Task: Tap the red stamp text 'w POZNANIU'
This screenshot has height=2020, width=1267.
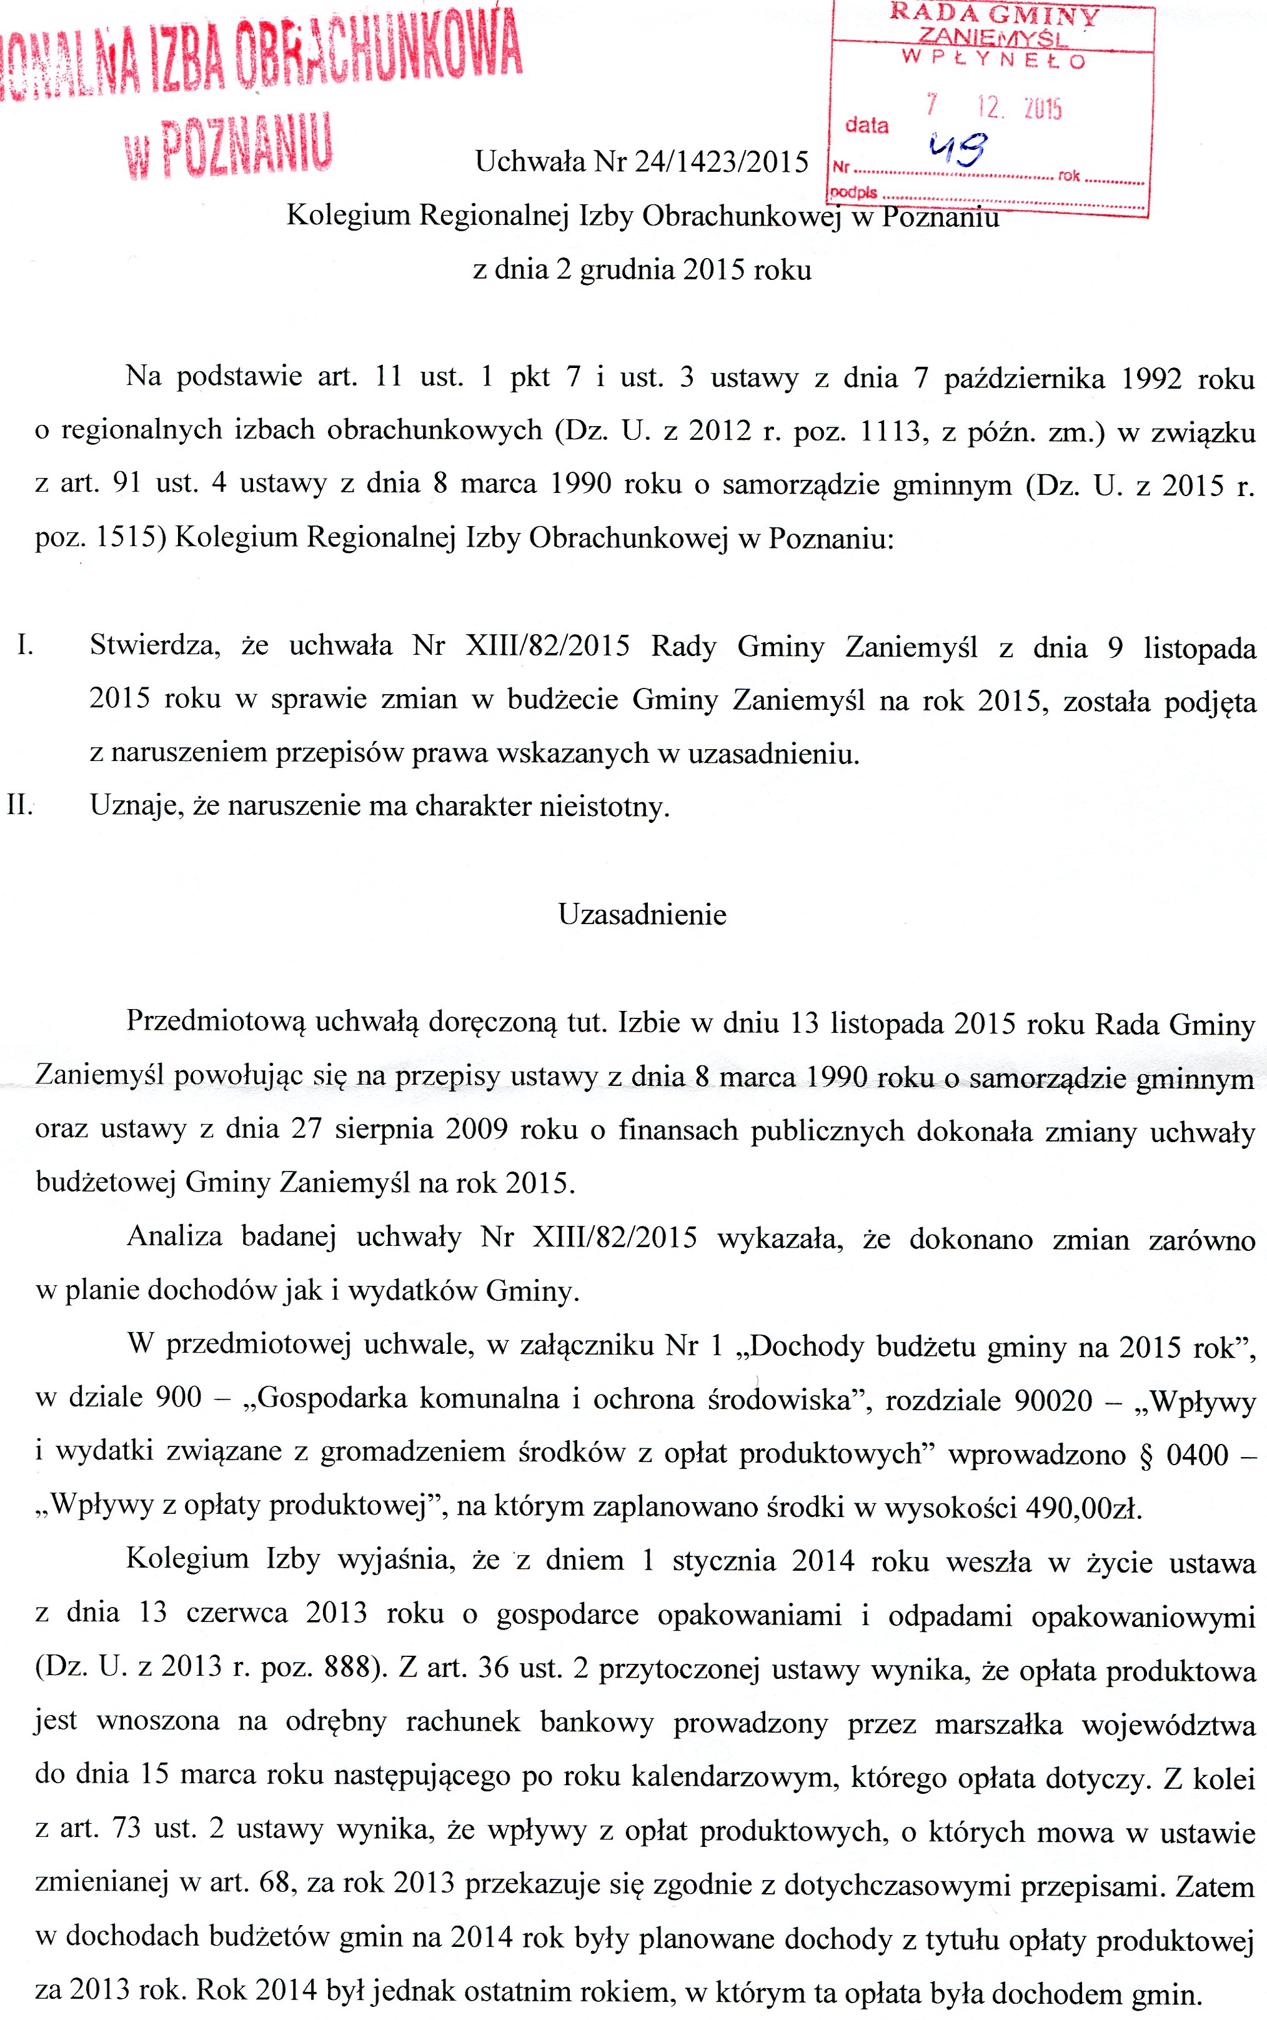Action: [x=228, y=148]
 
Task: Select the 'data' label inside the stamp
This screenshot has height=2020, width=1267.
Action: [x=867, y=126]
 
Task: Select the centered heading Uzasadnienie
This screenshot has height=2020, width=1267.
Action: [x=642, y=914]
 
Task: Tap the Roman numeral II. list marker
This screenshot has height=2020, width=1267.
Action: [x=19, y=805]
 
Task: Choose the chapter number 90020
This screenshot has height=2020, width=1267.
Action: [x=1053, y=1401]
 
